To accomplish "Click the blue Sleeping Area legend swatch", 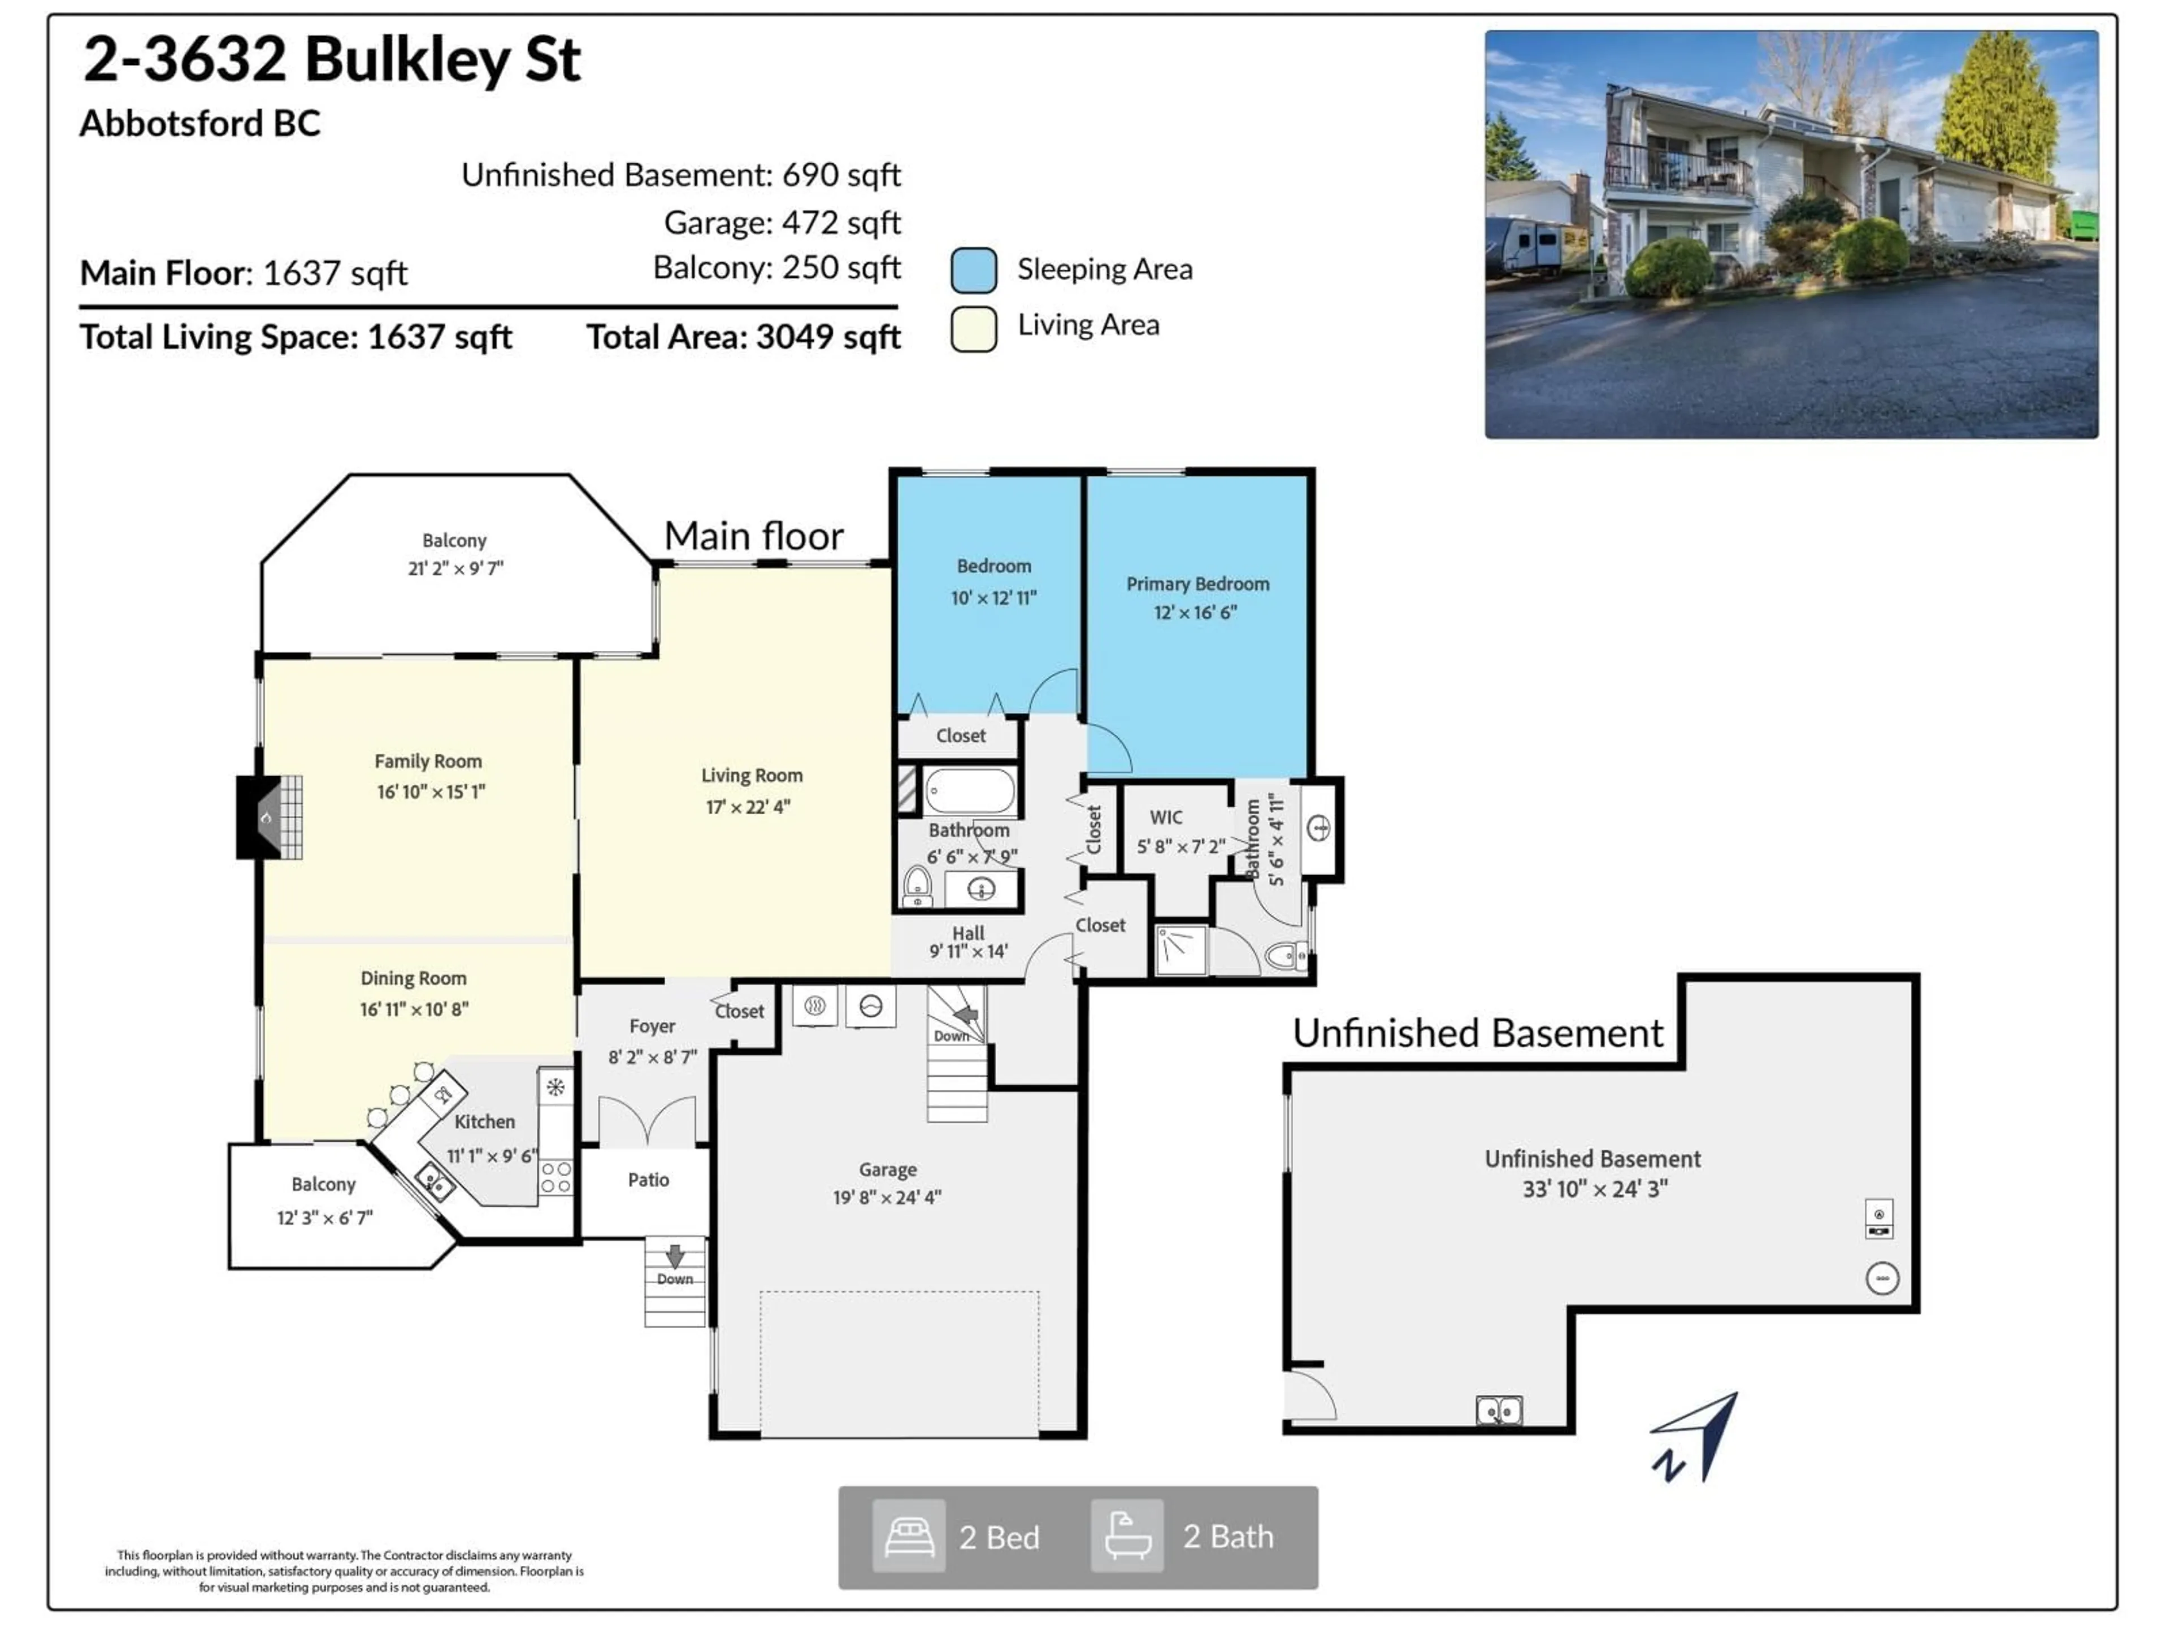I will (x=973, y=269).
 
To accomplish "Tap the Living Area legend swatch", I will (x=973, y=328).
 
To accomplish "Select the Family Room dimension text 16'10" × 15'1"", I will (x=431, y=791).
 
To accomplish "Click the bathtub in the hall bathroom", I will (x=969, y=790).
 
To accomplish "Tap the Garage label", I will (x=887, y=1169).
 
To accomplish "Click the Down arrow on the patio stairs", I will (x=675, y=1255).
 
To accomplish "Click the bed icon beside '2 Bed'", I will (x=909, y=1537).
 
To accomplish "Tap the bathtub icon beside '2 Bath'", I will (x=1127, y=1537).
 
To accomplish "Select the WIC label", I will (x=1165, y=817).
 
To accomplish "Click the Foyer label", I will (x=652, y=1026).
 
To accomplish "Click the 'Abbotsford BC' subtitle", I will (x=200, y=124).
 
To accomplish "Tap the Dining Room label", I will (x=413, y=978).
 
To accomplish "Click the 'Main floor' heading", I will (x=753, y=537).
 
